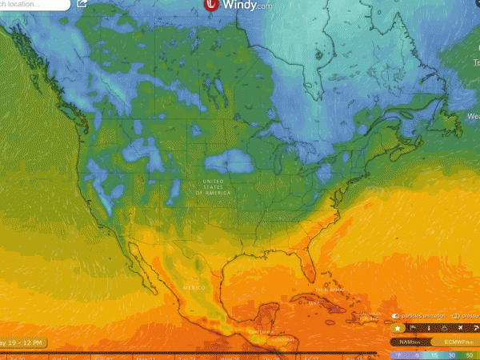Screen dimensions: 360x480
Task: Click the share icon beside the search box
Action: (82, 3)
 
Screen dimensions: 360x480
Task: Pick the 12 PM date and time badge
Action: (19, 343)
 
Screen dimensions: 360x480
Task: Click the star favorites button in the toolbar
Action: (398, 328)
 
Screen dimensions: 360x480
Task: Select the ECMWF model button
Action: (455, 342)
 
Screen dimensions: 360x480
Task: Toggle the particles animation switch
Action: (396, 315)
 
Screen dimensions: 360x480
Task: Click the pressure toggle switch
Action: (454, 315)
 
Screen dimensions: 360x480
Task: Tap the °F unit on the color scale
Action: (398, 354)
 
